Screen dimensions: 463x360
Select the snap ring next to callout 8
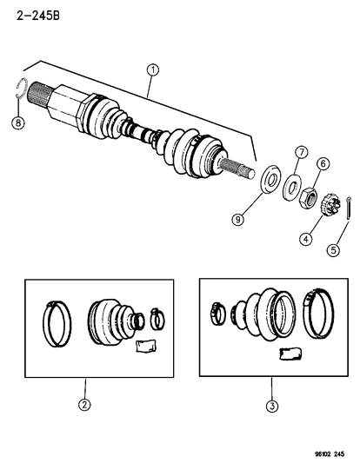(23, 90)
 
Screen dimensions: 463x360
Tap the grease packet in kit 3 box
(288, 352)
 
